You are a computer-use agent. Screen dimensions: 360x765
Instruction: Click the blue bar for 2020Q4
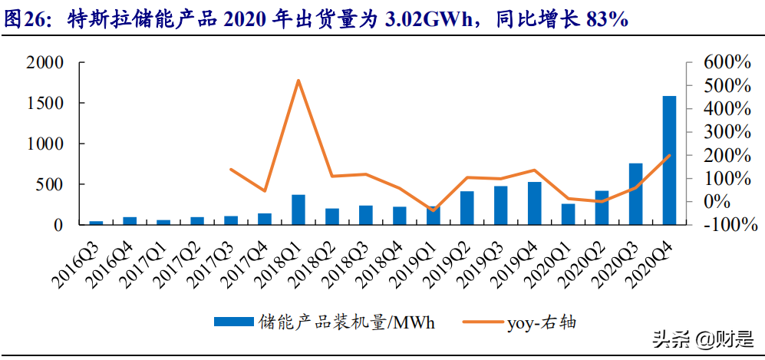pyautogui.click(x=669, y=160)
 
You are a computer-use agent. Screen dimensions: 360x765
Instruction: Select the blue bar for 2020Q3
pyautogui.click(x=635, y=194)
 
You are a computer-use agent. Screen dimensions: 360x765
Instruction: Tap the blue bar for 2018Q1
pyautogui.click(x=298, y=210)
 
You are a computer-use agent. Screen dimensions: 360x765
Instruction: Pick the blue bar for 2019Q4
pyautogui.click(x=534, y=203)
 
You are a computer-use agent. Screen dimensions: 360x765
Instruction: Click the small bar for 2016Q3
pyautogui.click(x=96, y=223)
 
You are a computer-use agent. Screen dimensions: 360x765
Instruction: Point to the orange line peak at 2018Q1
pyautogui.click(x=298, y=81)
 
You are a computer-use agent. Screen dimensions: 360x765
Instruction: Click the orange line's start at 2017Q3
pyautogui.click(x=231, y=170)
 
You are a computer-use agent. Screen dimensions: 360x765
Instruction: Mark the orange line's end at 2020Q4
pyautogui.click(x=669, y=156)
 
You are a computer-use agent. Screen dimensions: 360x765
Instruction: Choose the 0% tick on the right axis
pyautogui.click(x=724, y=201)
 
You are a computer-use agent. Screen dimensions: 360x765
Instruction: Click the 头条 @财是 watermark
pyautogui.click(x=702, y=338)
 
